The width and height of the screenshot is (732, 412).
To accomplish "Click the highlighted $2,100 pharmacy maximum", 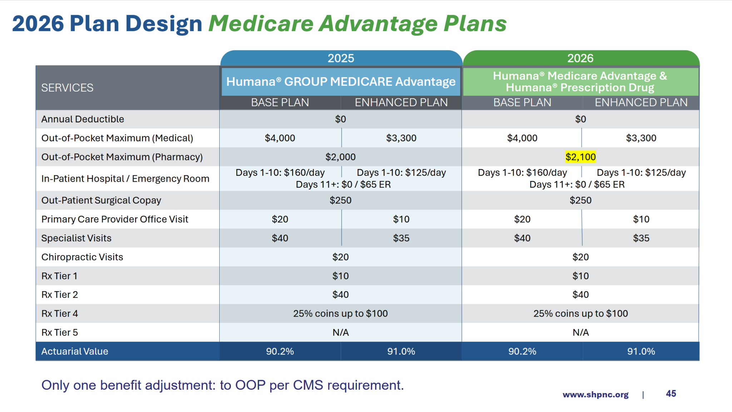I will pyautogui.click(x=580, y=157).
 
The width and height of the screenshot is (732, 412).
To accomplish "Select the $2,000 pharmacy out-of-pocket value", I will pyautogui.click(x=340, y=157).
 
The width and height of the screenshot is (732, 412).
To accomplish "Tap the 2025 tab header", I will pyautogui.click(x=341, y=58).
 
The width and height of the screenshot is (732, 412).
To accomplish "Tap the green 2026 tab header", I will pyautogui.click(x=580, y=58).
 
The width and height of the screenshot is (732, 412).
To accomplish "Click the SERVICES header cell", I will pyautogui.click(x=67, y=88).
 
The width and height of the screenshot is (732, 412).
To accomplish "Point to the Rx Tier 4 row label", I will pyautogui.click(x=59, y=314).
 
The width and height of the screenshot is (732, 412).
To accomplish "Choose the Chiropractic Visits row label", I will pyautogui.click(x=82, y=257).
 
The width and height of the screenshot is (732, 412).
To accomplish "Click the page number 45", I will pyautogui.click(x=671, y=394).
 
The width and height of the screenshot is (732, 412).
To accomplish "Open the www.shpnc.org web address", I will pyautogui.click(x=595, y=395).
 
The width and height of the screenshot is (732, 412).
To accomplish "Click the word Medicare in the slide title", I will pyautogui.click(x=261, y=24).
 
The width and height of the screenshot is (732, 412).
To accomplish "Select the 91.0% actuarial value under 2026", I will pyautogui.click(x=641, y=352).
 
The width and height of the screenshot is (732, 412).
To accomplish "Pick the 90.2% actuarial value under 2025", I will pyautogui.click(x=280, y=352).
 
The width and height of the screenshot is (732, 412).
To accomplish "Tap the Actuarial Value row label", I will pyautogui.click(x=74, y=352).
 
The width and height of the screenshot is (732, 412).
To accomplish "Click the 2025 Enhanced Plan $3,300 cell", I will pyautogui.click(x=401, y=138).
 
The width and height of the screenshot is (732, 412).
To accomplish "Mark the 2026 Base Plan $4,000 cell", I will pyautogui.click(x=522, y=138).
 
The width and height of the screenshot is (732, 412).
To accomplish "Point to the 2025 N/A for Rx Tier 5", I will pyautogui.click(x=340, y=333).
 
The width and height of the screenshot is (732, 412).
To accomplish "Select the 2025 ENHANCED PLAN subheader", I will pyautogui.click(x=401, y=103).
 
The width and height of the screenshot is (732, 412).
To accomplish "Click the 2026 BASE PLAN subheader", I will pyautogui.click(x=522, y=103).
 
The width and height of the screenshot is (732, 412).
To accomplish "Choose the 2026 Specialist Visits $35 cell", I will pyautogui.click(x=641, y=238).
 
